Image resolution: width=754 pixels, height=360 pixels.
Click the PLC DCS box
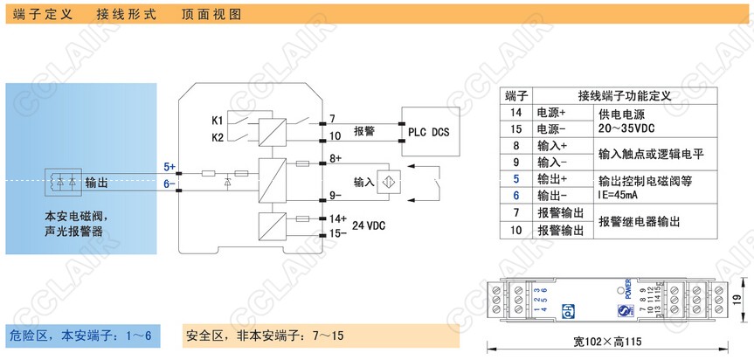[428, 132]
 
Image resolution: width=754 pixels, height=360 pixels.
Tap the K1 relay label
[218, 120]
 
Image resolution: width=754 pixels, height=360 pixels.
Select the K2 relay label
[218, 137]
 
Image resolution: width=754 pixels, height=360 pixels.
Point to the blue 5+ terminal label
[169, 166]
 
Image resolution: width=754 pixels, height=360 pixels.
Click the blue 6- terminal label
[169, 183]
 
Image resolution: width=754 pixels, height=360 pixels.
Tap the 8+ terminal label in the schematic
[335, 158]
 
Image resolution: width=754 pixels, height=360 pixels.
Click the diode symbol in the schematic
[228, 183]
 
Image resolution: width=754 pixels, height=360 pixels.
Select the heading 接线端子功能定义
[623, 96]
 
